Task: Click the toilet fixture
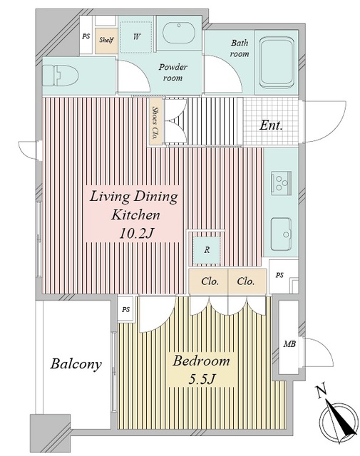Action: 61,76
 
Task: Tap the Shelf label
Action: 106,40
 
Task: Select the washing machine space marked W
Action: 136,37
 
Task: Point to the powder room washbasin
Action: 178,33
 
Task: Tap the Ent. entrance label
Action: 271,125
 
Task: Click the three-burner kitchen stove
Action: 281,182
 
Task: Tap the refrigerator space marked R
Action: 207,250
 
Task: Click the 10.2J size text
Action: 136,233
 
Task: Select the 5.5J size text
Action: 202,379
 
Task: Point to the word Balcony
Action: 76,364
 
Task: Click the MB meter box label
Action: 289,344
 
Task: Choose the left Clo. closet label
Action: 210,281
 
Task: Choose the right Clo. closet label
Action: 246,281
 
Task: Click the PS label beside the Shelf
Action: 86,36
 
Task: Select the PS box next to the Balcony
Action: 125,310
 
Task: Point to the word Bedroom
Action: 201,361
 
